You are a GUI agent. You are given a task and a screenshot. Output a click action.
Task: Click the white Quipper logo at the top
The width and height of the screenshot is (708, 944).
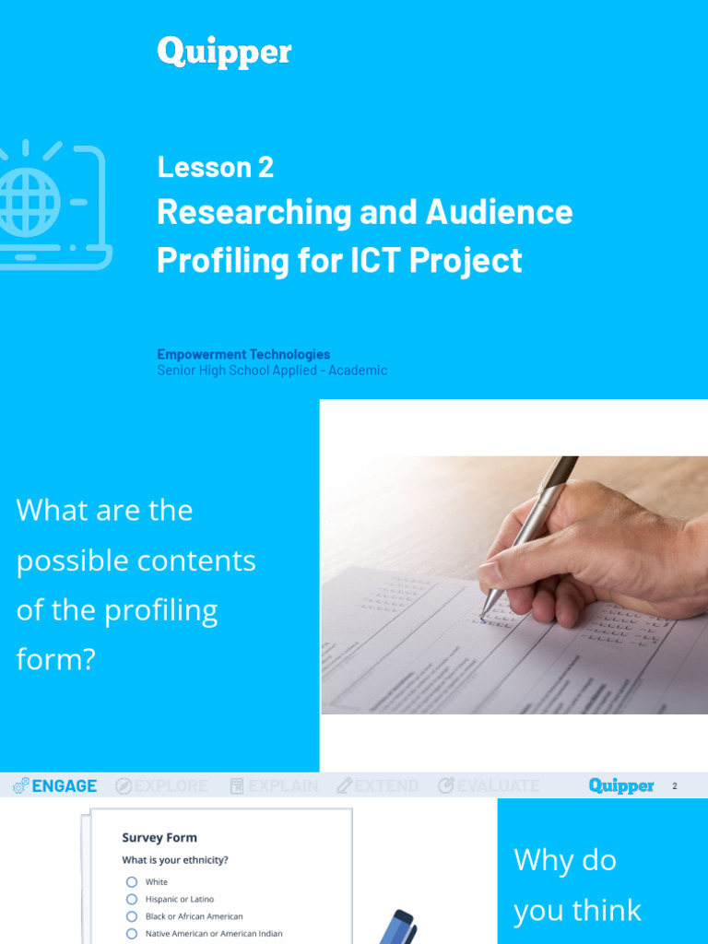[224, 52]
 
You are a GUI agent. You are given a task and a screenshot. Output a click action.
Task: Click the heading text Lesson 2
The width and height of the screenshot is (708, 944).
[215, 167]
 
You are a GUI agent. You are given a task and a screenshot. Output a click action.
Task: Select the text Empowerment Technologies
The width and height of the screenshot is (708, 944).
[243, 354]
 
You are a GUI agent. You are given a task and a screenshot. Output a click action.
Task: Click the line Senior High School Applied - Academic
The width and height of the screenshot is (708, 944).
[272, 371]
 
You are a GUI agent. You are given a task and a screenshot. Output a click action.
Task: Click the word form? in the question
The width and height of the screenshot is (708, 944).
[56, 659]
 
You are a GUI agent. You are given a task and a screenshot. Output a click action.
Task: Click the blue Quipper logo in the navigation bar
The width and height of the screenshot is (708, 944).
[621, 786]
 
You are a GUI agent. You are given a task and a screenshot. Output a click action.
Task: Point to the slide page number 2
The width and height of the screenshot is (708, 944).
[675, 786]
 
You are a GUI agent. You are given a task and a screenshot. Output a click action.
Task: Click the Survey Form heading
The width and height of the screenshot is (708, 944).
[159, 838]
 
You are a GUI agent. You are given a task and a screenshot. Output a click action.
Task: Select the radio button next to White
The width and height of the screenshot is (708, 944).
[132, 882]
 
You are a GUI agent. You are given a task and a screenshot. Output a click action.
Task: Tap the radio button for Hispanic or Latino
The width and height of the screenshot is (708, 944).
[132, 899]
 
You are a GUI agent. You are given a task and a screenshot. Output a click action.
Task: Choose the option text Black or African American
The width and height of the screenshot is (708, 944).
[194, 916]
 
